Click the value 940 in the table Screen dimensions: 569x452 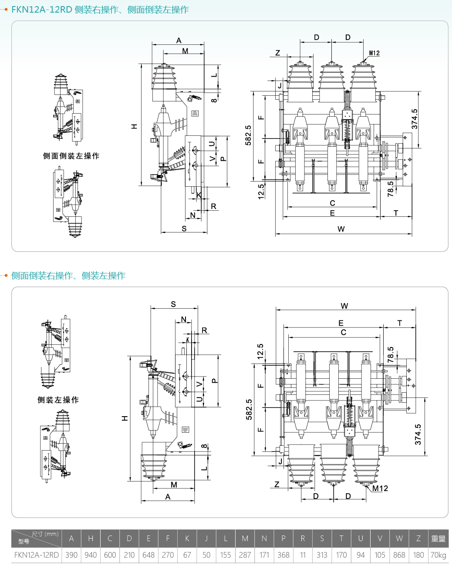pyautogui.click(x=91, y=555)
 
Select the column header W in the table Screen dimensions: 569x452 pyautogui.click(x=399, y=539)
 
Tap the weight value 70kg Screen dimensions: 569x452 pyautogui.click(x=438, y=555)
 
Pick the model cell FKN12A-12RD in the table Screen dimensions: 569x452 pyautogui.click(x=37, y=555)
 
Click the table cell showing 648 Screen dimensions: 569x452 pyautogui.click(x=148, y=555)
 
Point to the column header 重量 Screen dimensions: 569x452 pyautogui.click(x=438, y=539)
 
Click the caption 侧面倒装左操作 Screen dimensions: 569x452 pyautogui.click(x=71, y=156)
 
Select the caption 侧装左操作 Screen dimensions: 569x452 pyautogui.click(x=58, y=400)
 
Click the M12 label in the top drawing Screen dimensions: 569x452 pyautogui.click(x=374, y=53)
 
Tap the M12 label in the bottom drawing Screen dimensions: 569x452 pyautogui.click(x=380, y=488)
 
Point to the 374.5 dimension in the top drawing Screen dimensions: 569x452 pyautogui.click(x=415, y=119)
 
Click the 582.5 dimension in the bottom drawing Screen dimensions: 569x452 pyautogui.click(x=249, y=409)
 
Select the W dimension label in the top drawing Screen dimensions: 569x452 pyautogui.click(x=341, y=229)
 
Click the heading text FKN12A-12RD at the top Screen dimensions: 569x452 pyautogui.click(x=41, y=10)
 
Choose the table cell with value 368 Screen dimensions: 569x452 pyautogui.click(x=283, y=555)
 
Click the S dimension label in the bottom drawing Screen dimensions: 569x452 pyautogui.click(x=173, y=304)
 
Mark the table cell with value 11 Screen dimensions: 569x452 pyautogui.click(x=303, y=555)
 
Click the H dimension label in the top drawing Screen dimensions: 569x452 pyautogui.click(x=134, y=126)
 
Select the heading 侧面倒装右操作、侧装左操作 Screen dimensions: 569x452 pyautogui.click(x=68, y=276)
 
